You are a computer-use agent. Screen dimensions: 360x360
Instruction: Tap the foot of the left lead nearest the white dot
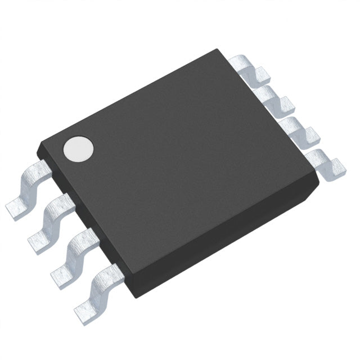[x=16, y=210]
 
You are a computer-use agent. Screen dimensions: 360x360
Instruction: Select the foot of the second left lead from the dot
[x=38, y=241]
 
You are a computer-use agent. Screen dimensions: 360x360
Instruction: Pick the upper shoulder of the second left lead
[x=62, y=203]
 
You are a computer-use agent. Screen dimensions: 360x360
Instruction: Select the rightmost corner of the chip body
[x=318, y=179]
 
